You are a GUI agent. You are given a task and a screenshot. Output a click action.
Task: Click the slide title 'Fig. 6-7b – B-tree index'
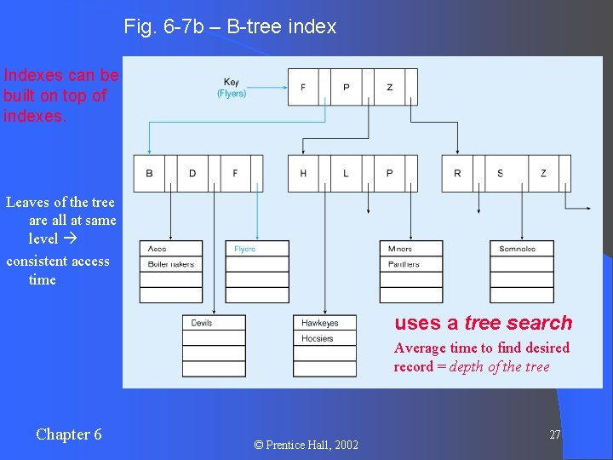pyautogui.click(x=230, y=26)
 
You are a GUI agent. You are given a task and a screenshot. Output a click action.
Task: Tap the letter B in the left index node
pyautogui.click(x=149, y=174)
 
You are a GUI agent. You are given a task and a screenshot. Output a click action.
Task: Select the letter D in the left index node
pyautogui.click(x=192, y=174)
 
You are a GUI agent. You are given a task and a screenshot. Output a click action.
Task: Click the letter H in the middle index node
pyautogui.click(x=303, y=174)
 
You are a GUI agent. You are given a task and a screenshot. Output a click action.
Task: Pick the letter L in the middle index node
pyautogui.click(x=346, y=174)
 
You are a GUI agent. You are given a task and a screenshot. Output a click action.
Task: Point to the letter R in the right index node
pyautogui.click(x=457, y=174)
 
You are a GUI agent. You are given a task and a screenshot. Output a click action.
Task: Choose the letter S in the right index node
pyautogui.click(x=500, y=174)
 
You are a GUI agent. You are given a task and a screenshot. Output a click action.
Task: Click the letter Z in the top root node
pyautogui.click(x=390, y=87)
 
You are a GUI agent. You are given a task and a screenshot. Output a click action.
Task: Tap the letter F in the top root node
pyautogui.click(x=303, y=87)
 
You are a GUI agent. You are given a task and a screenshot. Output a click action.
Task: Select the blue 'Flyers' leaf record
pyautogui.click(x=244, y=249)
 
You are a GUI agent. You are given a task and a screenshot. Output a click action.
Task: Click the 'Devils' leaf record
pyautogui.click(x=202, y=323)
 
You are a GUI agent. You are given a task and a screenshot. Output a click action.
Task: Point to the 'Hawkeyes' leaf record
pyautogui.click(x=320, y=323)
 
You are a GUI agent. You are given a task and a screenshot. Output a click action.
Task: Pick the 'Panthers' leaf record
pyautogui.click(x=403, y=264)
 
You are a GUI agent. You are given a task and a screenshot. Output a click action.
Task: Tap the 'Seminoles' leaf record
pyautogui.click(x=517, y=249)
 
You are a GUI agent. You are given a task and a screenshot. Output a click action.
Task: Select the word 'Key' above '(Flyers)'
pyautogui.click(x=232, y=83)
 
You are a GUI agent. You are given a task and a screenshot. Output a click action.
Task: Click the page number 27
pyautogui.click(x=554, y=435)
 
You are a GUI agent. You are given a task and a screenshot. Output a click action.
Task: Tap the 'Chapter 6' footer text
pyautogui.click(x=68, y=434)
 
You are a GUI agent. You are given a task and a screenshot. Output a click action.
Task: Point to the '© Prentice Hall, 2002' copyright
pyautogui.click(x=306, y=445)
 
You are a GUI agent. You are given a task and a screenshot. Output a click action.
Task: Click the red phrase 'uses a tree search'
pyautogui.click(x=483, y=323)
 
